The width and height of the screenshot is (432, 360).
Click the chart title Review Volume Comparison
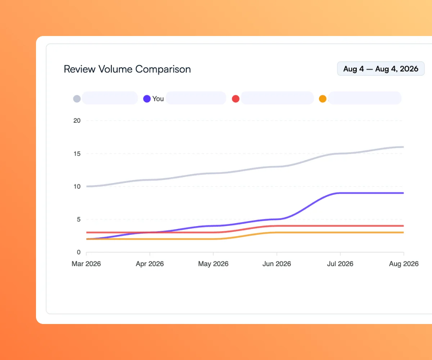point(127,69)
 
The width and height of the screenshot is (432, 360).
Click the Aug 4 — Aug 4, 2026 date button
point(381,69)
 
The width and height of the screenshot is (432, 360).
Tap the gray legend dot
point(77,99)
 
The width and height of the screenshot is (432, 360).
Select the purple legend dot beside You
point(147,99)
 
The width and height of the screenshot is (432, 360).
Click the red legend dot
point(236,99)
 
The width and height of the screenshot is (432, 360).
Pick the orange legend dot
point(323,99)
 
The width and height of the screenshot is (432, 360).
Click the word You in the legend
point(158,99)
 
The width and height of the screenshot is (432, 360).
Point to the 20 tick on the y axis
point(77,121)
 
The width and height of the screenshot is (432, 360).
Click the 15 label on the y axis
point(77,154)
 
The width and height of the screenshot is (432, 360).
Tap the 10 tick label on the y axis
point(77,186)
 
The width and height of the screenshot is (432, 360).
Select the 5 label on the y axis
point(78,219)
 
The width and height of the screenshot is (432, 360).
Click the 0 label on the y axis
point(78,252)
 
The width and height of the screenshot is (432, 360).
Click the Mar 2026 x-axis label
point(86,264)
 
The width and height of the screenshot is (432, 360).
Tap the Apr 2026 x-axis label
point(150,264)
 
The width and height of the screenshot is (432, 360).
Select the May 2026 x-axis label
point(213,264)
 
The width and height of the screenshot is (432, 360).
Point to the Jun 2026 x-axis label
point(277,264)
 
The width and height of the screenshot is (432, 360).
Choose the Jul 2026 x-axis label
point(340,264)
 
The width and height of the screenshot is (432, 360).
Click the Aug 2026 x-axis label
point(404,264)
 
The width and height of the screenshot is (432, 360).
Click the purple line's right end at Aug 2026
point(404,193)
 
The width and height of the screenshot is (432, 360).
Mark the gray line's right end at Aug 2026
point(404,147)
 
